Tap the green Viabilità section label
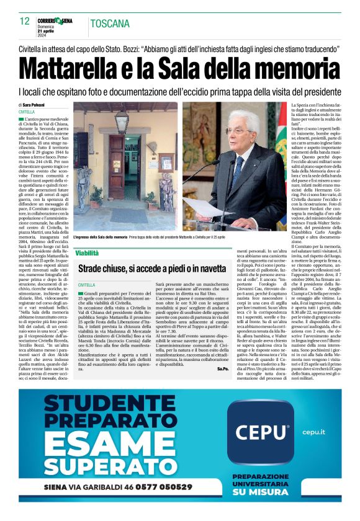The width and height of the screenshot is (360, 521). pos(86,252)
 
